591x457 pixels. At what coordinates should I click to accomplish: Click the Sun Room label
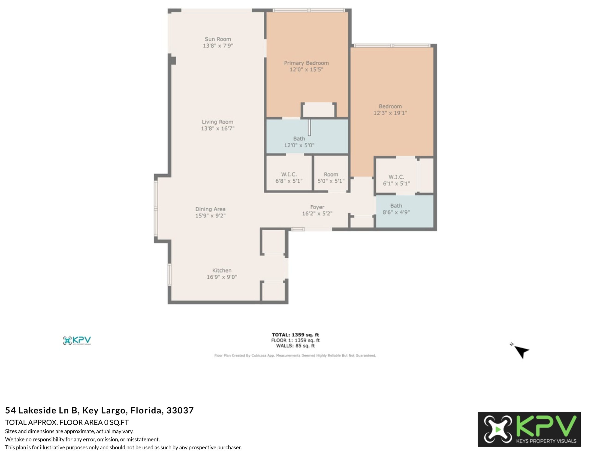(218, 39)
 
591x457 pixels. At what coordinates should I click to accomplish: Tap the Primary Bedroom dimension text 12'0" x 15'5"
(306, 70)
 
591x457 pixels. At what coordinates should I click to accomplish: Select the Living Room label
(217, 122)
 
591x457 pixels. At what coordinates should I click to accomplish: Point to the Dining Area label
(210, 209)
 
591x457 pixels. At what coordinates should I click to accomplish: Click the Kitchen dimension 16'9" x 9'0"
(222, 277)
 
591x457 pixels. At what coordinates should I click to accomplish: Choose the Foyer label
(317, 207)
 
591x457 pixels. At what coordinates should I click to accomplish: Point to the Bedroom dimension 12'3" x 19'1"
(390, 113)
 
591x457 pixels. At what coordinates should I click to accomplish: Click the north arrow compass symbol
(521, 351)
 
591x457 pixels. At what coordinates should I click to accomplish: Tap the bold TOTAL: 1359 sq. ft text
(295, 335)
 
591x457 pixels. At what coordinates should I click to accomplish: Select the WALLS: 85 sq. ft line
(295, 346)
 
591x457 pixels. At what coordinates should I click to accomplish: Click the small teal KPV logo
(77, 341)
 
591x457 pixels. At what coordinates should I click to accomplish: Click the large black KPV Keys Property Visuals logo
(529, 429)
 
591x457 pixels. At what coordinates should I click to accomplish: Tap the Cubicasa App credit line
(295, 355)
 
